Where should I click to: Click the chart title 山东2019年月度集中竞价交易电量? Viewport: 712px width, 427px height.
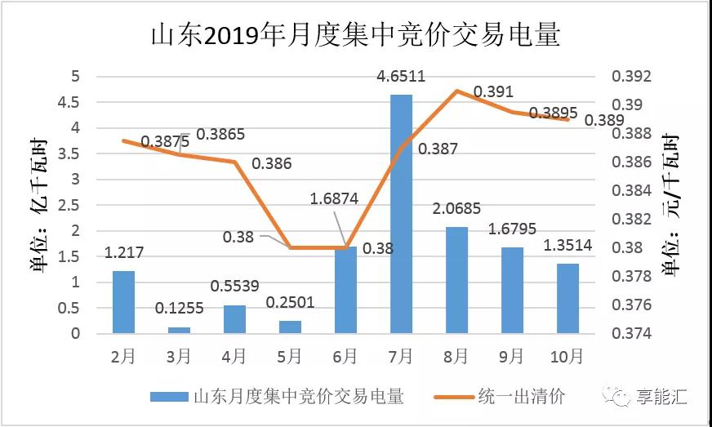point(356,36)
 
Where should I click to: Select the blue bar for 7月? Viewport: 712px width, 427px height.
point(401,214)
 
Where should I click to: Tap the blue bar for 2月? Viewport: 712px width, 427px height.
point(123,302)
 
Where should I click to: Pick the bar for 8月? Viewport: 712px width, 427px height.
point(456,280)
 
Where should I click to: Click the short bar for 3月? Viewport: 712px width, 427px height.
point(179,330)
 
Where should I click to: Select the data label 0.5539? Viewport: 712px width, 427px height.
point(234,287)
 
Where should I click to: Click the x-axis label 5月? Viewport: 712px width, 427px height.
point(290,356)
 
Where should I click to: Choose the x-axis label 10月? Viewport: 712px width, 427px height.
point(567,356)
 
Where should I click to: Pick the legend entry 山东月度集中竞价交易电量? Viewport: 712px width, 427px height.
point(298,397)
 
